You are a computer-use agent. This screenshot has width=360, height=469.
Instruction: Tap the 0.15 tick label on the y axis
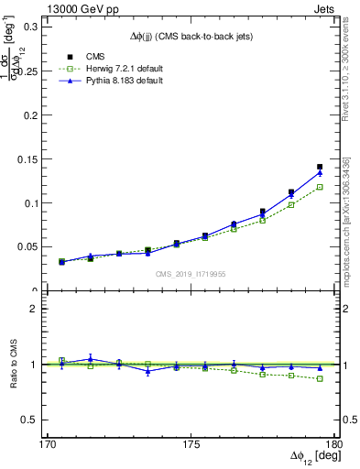pyautogui.click(x=29, y=159)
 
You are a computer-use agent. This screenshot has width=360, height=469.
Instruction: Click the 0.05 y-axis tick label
pyautogui.click(x=29, y=246)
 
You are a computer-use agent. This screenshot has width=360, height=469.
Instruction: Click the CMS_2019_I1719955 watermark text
pyautogui.click(x=191, y=274)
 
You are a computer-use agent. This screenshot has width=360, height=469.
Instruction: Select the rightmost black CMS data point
pyautogui.click(x=320, y=167)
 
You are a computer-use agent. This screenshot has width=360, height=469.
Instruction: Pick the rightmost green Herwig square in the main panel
pyautogui.click(x=320, y=187)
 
